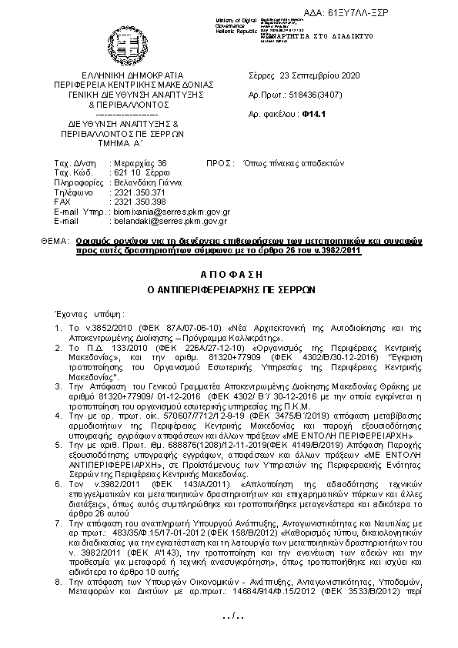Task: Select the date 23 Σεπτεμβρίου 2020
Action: (316, 75)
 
